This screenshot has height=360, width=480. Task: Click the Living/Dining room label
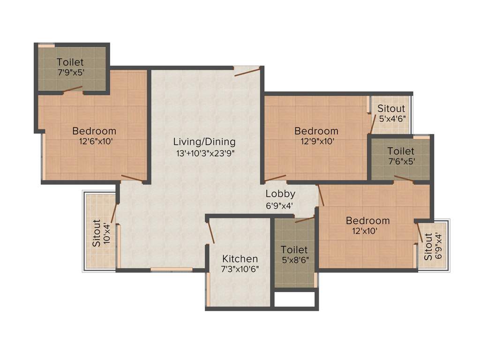[204, 142]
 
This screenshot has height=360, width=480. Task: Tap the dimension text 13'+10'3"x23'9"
[204, 152]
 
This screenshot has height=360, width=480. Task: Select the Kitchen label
[240, 259]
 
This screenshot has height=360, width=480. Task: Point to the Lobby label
[280, 194]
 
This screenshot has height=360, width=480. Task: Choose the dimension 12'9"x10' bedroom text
[316, 141]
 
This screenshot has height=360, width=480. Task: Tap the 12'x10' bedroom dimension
[367, 231]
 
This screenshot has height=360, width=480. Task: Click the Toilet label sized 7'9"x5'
[70, 62]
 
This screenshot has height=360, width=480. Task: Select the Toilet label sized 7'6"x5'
[401, 151]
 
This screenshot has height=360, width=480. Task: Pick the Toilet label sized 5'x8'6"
[294, 250]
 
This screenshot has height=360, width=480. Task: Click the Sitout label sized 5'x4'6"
[391, 109]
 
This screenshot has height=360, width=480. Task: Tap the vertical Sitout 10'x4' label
[97, 233]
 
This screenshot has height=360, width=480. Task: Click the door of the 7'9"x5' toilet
[73, 89]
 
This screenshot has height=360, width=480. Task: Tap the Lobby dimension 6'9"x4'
[280, 204]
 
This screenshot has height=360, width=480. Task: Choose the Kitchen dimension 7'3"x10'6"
[240, 269]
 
